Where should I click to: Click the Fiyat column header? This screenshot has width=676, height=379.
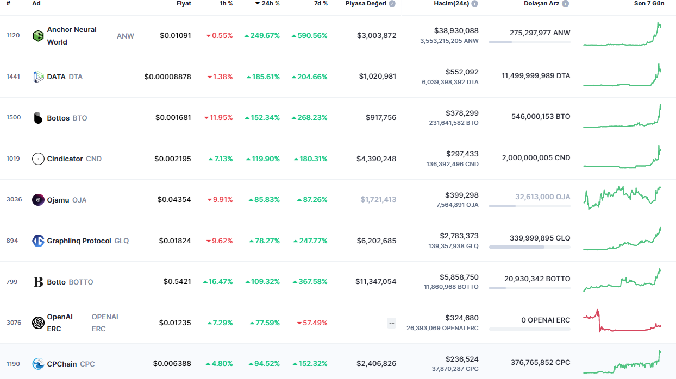tap(184, 3)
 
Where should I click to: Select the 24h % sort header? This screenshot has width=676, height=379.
tap(267, 3)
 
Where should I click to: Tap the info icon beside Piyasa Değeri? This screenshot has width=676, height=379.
tap(392, 3)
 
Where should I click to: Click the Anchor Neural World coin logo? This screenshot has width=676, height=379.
tap(38, 36)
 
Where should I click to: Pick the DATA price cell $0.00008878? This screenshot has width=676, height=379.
tap(167, 77)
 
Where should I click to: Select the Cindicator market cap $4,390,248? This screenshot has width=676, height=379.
tap(377, 159)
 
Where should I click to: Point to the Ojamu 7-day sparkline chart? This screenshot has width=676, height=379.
tap(622, 198)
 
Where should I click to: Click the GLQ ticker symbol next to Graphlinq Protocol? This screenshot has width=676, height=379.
tap(122, 241)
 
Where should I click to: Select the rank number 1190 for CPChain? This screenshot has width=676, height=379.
tap(13, 364)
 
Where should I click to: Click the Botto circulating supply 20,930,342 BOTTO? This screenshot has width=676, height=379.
tap(537, 279)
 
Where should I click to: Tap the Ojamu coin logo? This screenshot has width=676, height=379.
tap(38, 200)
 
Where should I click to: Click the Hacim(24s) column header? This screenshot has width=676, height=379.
tap(452, 3)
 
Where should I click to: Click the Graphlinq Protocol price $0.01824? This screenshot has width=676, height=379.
tap(175, 241)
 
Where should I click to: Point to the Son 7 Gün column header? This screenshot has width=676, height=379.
tap(649, 3)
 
